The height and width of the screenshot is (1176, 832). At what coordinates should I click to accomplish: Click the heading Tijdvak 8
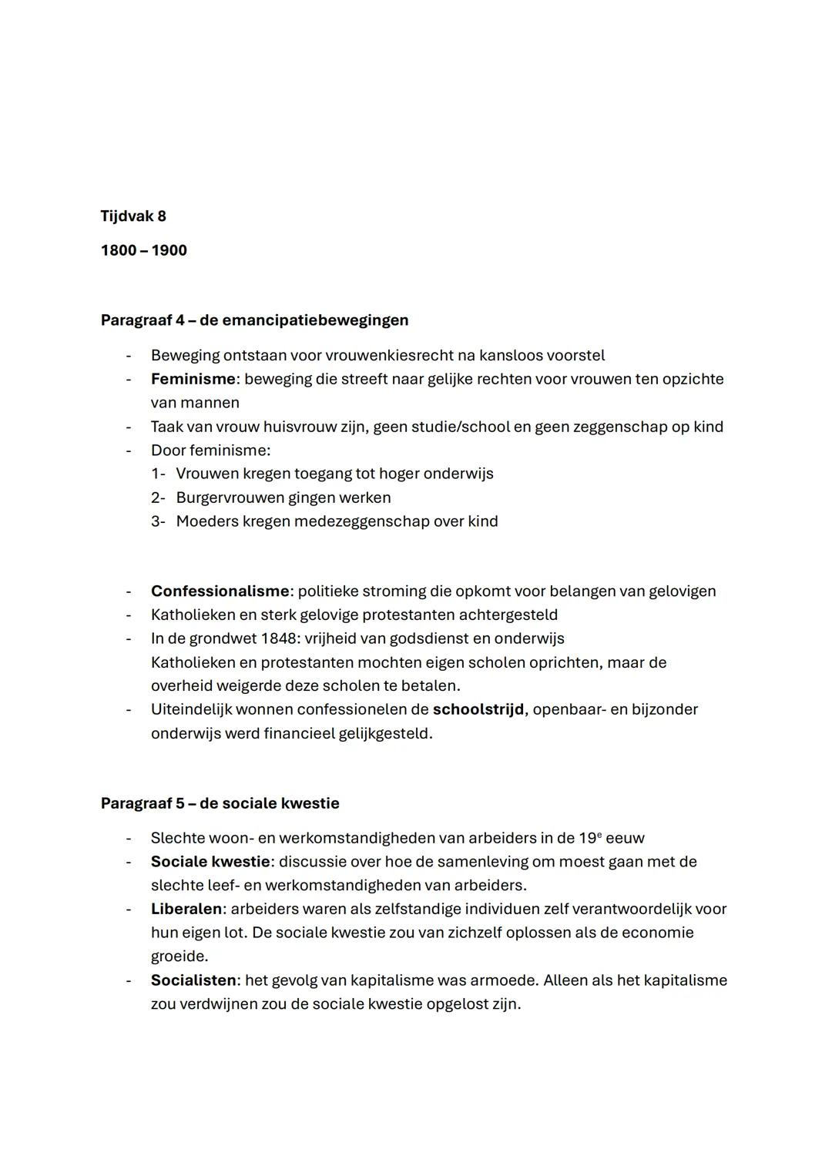[133, 216]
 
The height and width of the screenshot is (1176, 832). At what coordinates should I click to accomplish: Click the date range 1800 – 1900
[143, 251]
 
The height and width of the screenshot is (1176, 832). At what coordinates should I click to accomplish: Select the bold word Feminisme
[193, 379]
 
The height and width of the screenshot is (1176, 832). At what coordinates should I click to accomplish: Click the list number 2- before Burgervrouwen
[158, 498]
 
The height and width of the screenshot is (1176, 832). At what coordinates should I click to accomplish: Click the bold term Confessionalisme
[220, 591]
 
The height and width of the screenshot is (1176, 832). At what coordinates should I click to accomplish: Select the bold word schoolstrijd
[478, 709]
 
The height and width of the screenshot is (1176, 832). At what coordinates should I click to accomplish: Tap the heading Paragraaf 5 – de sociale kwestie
[220, 803]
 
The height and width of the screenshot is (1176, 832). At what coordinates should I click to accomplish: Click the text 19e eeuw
[611, 838]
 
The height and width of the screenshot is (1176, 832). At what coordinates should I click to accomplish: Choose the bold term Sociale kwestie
[210, 862]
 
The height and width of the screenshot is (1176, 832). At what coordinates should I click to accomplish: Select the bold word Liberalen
[186, 909]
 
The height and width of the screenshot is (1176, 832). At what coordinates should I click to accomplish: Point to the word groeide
[179, 957]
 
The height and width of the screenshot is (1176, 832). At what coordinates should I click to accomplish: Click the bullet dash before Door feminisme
[129, 451]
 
